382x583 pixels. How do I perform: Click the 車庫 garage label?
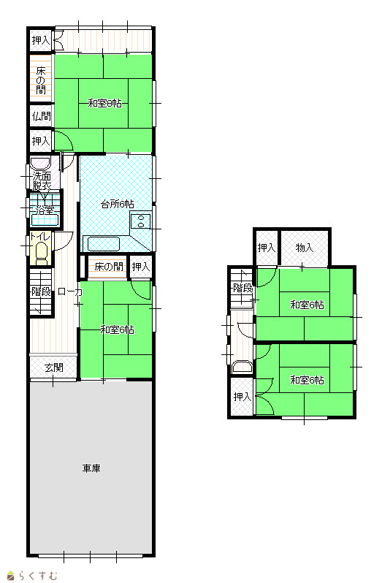[x=91, y=468]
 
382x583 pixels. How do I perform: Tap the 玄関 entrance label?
[x=54, y=367]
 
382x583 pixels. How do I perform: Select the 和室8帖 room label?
[x=104, y=103]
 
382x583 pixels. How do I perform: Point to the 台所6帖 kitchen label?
[x=118, y=204]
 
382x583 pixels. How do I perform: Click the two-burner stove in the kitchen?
[x=141, y=221]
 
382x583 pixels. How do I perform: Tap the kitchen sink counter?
[x=104, y=244]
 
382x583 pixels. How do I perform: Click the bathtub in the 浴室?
[x=45, y=220]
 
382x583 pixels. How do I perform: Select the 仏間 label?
[x=41, y=116]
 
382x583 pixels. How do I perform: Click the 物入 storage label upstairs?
[x=305, y=248]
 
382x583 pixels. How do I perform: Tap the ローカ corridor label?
[x=70, y=291]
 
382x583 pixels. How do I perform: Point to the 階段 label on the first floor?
[x=41, y=291]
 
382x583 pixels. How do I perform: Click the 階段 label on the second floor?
[x=243, y=288]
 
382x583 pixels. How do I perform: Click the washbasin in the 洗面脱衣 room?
[x=40, y=164]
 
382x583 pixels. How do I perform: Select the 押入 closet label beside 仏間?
[x=41, y=141]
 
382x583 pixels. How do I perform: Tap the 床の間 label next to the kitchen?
[x=109, y=267]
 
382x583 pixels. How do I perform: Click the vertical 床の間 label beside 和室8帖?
[x=41, y=80]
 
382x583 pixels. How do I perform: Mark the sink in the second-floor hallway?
[x=242, y=367]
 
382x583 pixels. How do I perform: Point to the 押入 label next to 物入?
[x=267, y=248]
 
